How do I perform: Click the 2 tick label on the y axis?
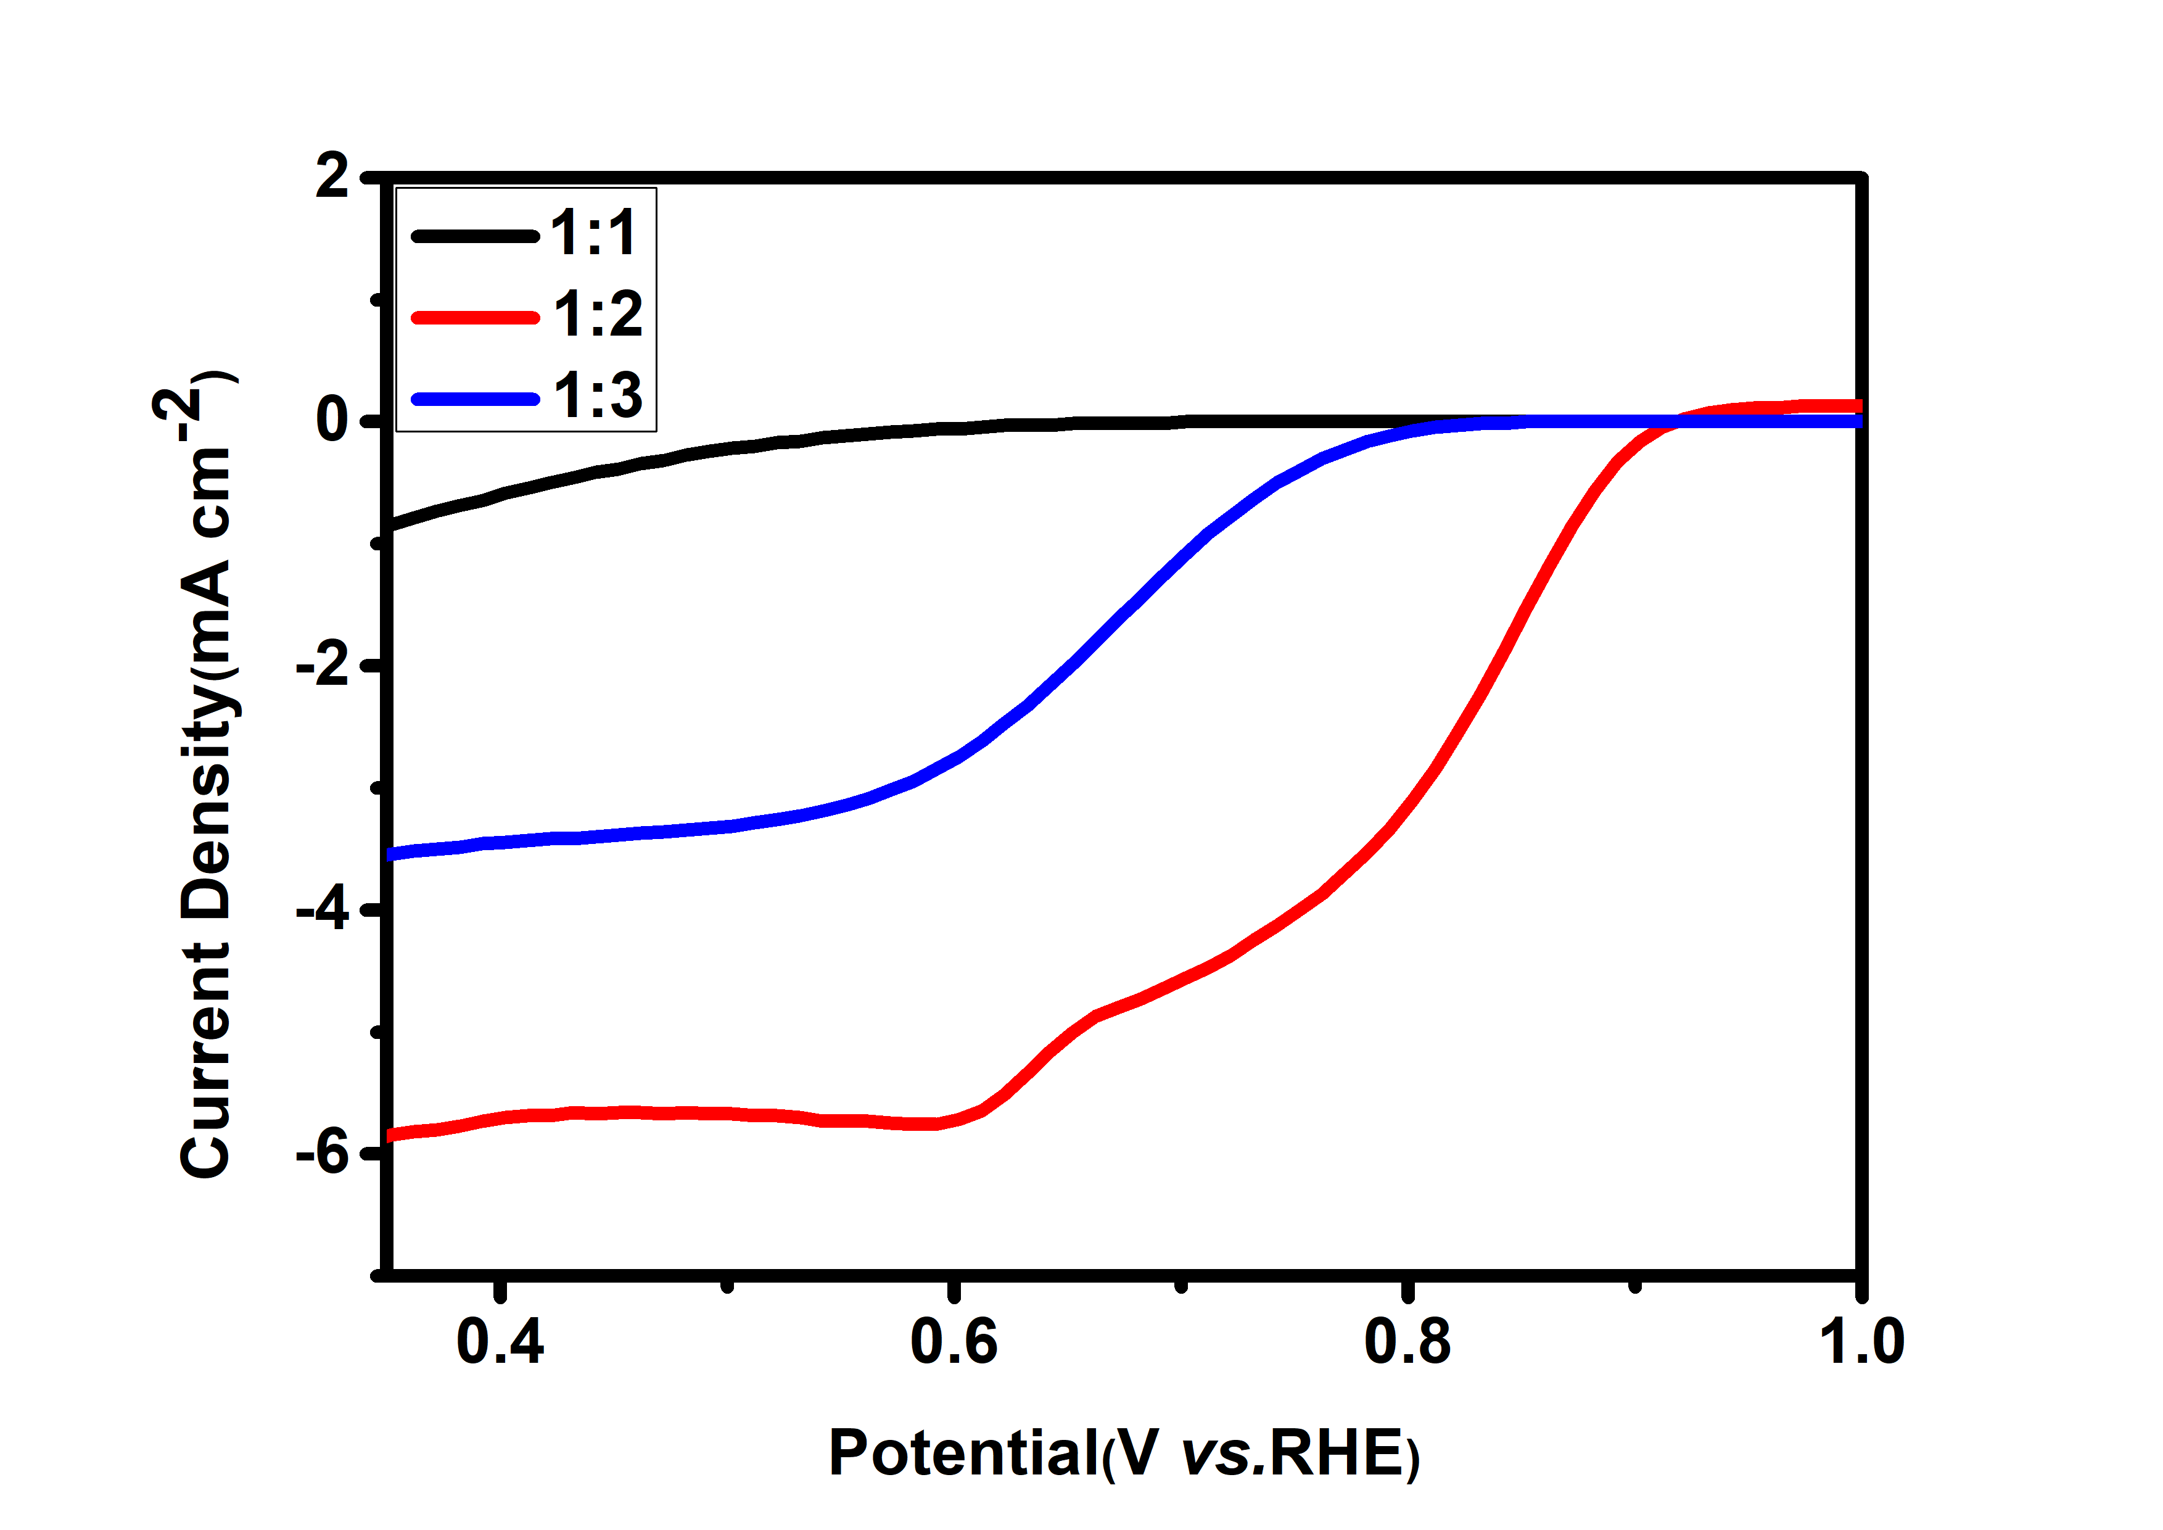point(332,176)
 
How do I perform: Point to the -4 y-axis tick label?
point(323,910)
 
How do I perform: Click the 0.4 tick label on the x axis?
point(500,1342)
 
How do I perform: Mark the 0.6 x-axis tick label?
point(954,1342)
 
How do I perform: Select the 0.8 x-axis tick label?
point(1407,1342)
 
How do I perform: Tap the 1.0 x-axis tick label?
point(1861,1342)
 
